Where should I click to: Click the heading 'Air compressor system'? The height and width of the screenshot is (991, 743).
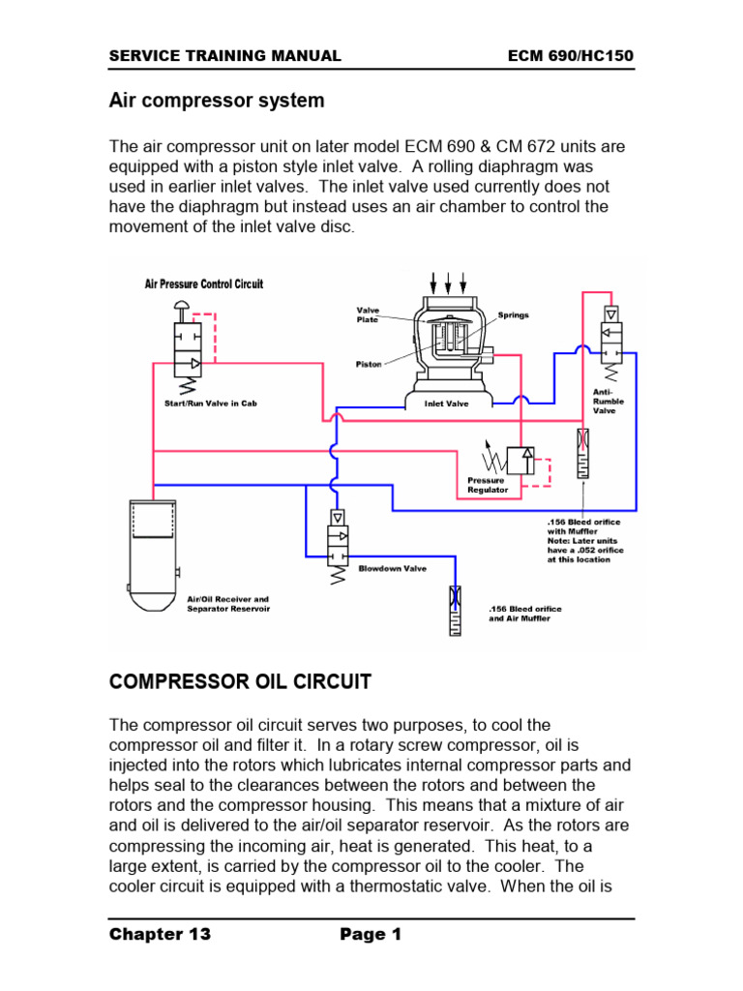tap(217, 101)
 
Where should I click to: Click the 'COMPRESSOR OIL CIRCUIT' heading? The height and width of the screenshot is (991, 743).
tap(240, 681)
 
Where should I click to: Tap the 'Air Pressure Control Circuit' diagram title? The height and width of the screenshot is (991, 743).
tap(203, 284)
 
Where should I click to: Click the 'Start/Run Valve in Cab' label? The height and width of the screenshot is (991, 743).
tap(211, 404)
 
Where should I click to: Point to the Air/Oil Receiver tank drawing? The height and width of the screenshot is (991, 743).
tap(153, 555)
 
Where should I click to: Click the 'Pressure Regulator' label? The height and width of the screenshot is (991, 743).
tap(488, 485)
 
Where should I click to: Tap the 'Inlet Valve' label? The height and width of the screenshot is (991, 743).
tap(446, 404)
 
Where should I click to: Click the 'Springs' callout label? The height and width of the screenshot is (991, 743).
tap(514, 315)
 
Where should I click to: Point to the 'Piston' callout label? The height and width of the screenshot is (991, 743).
tap(368, 365)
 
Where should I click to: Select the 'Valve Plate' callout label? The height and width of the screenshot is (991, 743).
tap(369, 315)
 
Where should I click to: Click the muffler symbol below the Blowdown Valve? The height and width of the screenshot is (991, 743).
tap(455, 610)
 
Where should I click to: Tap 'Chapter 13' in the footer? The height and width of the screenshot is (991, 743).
tap(160, 934)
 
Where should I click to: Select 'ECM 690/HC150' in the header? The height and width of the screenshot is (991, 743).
tap(571, 56)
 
